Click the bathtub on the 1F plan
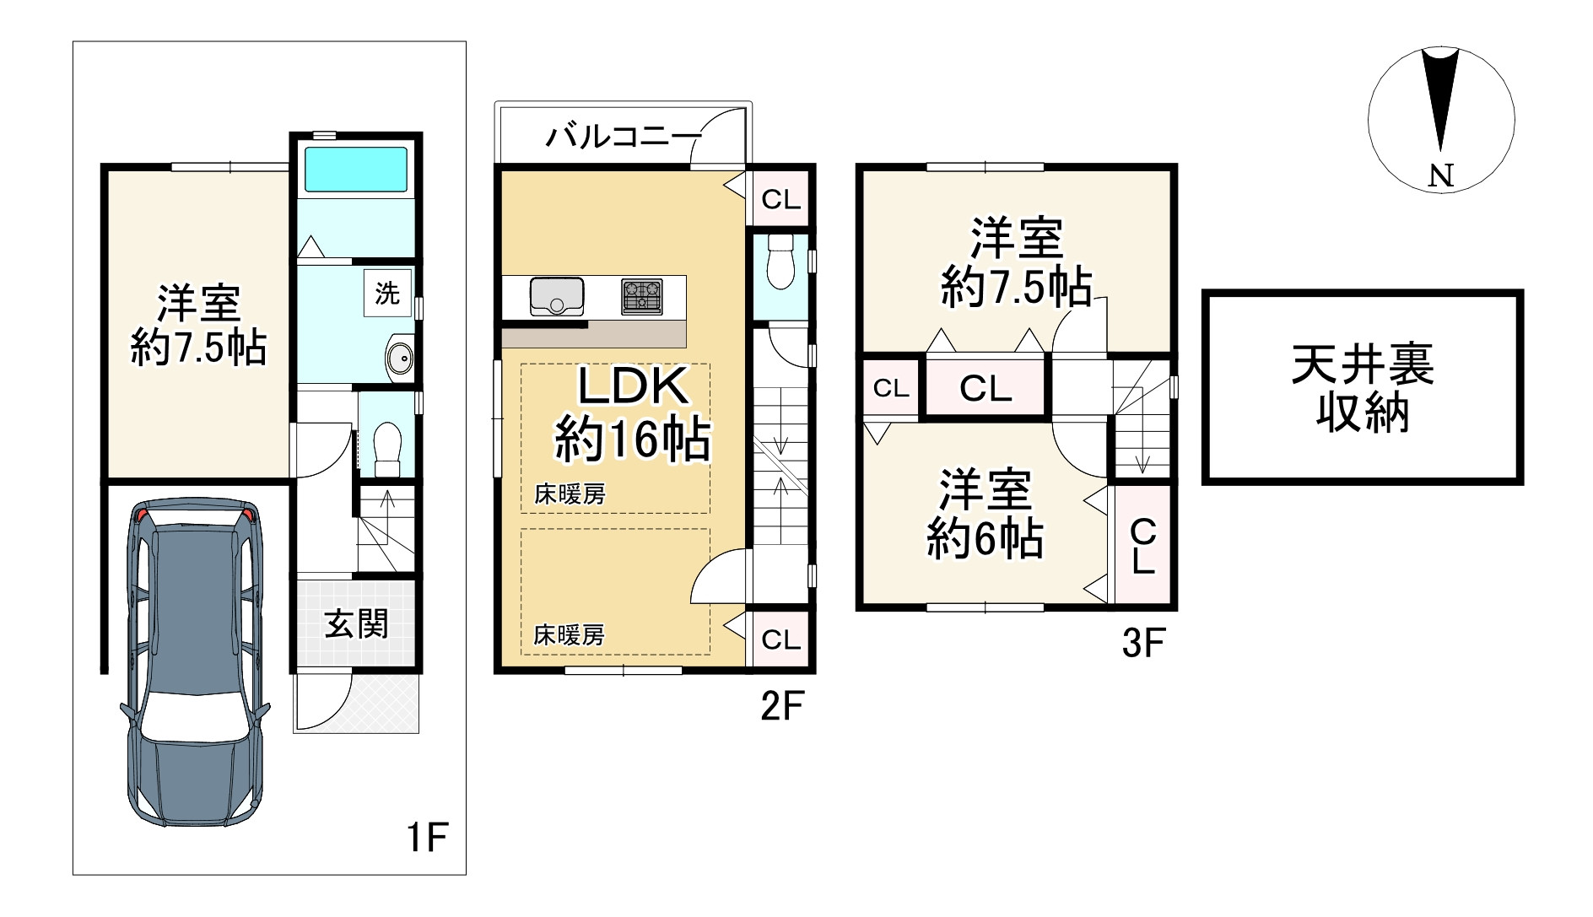click(355, 170)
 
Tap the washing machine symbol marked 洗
click(387, 294)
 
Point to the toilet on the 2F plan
click(780, 264)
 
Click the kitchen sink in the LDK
click(557, 296)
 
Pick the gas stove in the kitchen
click(641, 296)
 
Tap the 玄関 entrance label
click(356, 624)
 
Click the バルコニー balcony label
click(624, 136)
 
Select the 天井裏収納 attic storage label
click(1362, 389)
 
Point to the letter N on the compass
click(1441, 175)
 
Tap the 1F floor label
click(426, 837)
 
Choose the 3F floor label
click(1143, 645)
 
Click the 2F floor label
click(781, 705)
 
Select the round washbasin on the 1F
click(398, 358)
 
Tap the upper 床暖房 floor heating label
click(570, 494)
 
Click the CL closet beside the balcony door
click(780, 199)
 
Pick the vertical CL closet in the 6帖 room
click(1143, 545)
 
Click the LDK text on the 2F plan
click(633, 387)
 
